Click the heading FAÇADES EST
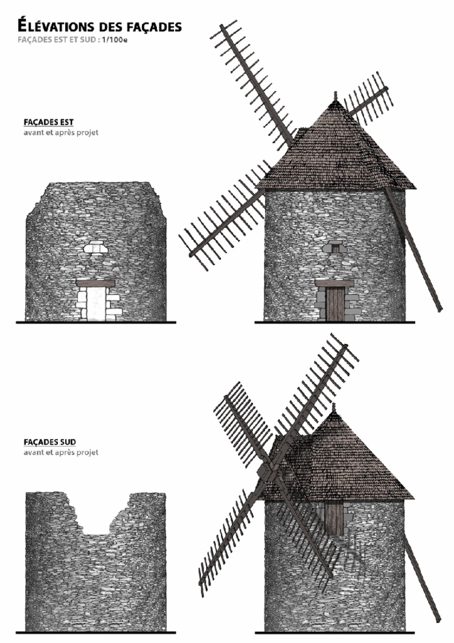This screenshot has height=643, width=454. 48,122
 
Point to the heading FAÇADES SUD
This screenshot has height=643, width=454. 50,442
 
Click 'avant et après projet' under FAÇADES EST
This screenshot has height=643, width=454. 61,132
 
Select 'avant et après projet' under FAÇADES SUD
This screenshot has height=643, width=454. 61,452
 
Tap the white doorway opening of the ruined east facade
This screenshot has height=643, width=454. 96,303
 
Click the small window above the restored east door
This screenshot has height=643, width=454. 335,248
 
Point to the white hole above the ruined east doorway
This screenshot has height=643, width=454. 96,248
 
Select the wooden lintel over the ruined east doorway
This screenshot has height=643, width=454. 95,283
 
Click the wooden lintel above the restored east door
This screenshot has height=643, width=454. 334,283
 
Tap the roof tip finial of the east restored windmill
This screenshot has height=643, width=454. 335,96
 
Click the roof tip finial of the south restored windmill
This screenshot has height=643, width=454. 334,408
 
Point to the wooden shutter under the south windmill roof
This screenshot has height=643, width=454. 333,518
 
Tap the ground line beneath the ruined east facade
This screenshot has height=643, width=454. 96,322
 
